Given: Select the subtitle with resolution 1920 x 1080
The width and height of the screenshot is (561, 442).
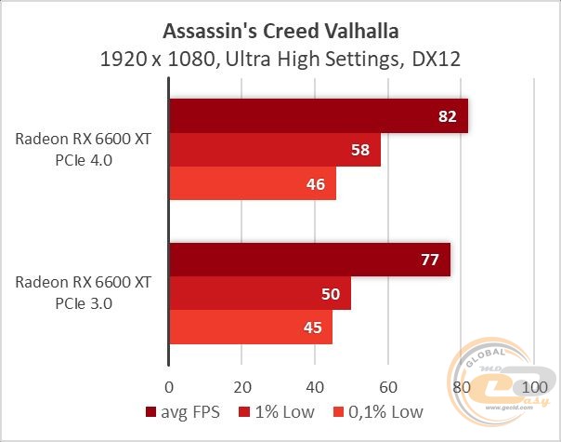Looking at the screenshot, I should tap(280, 60).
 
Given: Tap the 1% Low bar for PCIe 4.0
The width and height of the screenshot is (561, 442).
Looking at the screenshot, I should tap(274, 150).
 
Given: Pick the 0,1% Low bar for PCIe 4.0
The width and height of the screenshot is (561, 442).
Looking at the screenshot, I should tap(252, 183).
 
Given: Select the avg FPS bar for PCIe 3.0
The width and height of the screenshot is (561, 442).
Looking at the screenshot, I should tap(308, 260).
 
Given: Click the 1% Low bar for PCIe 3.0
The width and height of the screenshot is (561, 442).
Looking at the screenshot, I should tap(259, 293).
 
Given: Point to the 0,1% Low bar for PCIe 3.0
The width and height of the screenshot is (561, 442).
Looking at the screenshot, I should tap(250, 327).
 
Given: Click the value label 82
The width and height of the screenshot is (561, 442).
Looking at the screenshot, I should tap(449, 116).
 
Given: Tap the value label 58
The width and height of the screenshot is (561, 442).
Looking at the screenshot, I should tap(361, 150).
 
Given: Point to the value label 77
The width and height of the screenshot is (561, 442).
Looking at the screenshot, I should tap(430, 260).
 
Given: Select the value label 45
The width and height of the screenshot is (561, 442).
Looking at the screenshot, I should tap(314, 327).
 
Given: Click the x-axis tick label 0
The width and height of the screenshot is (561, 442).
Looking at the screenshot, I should tap(169, 386).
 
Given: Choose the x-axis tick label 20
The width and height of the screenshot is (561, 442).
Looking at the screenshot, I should tap(241, 386).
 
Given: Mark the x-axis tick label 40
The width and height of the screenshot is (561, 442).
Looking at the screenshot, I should tap(315, 386).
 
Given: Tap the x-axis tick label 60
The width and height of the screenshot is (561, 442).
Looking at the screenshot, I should tap(388, 386).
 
